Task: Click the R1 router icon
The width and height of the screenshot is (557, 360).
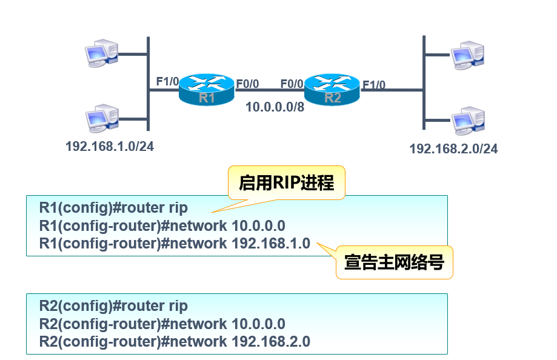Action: [206, 90]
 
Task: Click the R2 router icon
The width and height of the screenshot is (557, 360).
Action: [332, 90]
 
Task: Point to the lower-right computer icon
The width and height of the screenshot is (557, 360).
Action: [468, 120]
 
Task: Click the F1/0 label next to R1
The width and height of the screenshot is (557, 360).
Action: [167, 81]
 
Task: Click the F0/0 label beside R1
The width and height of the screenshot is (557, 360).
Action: [247, 84]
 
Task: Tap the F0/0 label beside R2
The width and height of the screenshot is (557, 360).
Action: [292, 84]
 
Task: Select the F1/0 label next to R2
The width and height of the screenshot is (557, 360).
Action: [373, 85]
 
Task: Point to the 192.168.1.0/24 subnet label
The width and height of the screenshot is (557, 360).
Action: [110, 146]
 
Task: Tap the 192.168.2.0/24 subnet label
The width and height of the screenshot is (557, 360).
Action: [453, 148]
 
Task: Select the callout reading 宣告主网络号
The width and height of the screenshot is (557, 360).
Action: [394, 262]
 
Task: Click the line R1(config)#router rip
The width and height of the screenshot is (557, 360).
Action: [114, 208]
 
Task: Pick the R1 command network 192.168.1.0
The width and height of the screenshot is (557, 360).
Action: [175, 244]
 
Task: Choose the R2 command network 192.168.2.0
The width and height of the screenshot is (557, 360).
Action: [175, 341]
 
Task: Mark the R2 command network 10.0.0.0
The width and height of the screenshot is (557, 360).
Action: [162, 324]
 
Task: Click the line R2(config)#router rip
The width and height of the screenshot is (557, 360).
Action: [114, 306]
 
